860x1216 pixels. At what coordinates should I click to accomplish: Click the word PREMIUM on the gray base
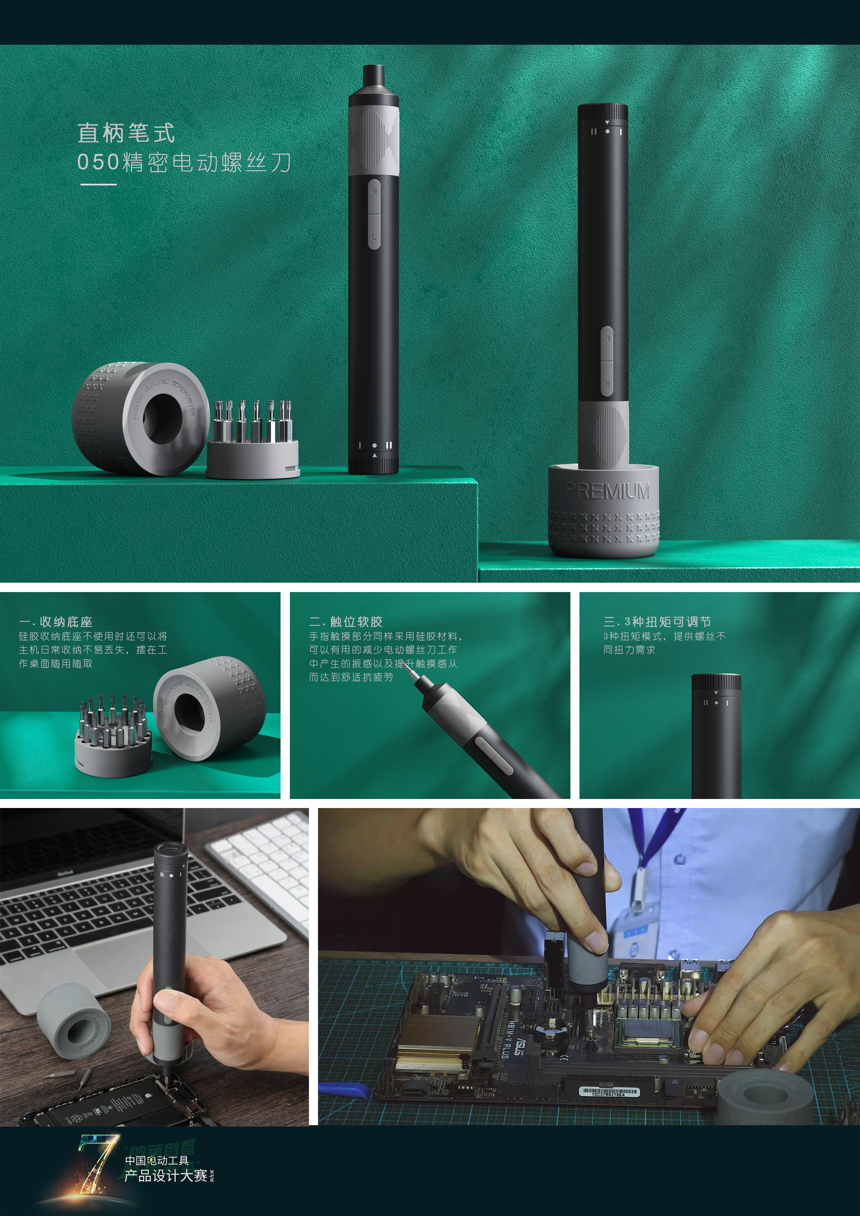[607, 491]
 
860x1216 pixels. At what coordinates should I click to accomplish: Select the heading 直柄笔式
[126, 132]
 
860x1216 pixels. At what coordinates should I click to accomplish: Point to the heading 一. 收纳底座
[55, 622]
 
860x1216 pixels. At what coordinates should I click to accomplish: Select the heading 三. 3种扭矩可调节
[657, 622]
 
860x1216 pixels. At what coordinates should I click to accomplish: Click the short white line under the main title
[98, 184]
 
